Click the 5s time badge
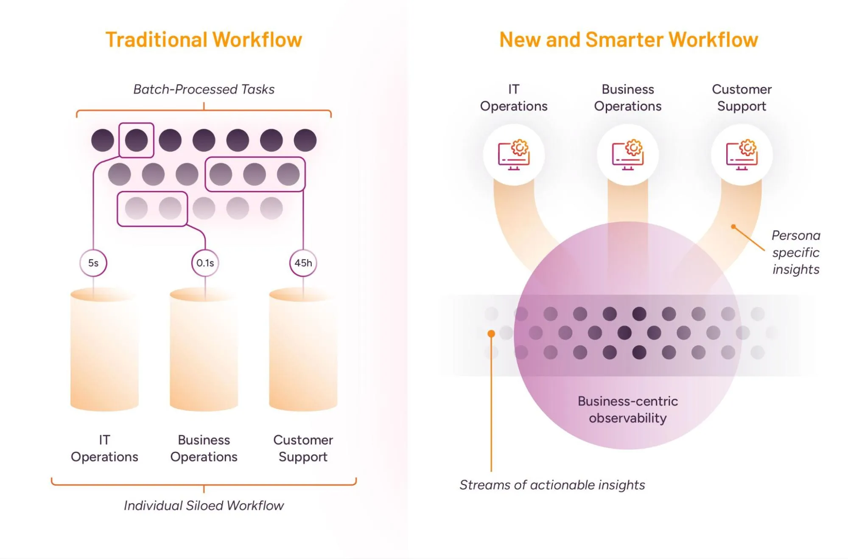click(x=93, y=263)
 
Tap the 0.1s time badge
click(x=205, y=263)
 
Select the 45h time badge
click(x=303, y=263)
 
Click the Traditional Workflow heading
click(x=204, y=40)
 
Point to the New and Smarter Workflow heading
click(x=628, y=40)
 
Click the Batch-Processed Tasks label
click(x=204, y=90)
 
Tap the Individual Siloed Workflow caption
click(x=204, y=506)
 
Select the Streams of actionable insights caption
click(x=552, y=485)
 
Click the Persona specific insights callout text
click(x=796, y=253)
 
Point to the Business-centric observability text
click(x=628, y=410)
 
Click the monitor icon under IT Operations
click(x=514, y=155)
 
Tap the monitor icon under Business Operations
click(x=628, y=155)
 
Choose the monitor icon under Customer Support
click(x=742, y=155)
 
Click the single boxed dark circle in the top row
click(x=136, y=140)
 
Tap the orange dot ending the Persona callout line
click(x=733, y=227)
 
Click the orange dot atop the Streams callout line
click(x=491, y=334)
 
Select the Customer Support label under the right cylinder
click(x=303, y=448)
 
